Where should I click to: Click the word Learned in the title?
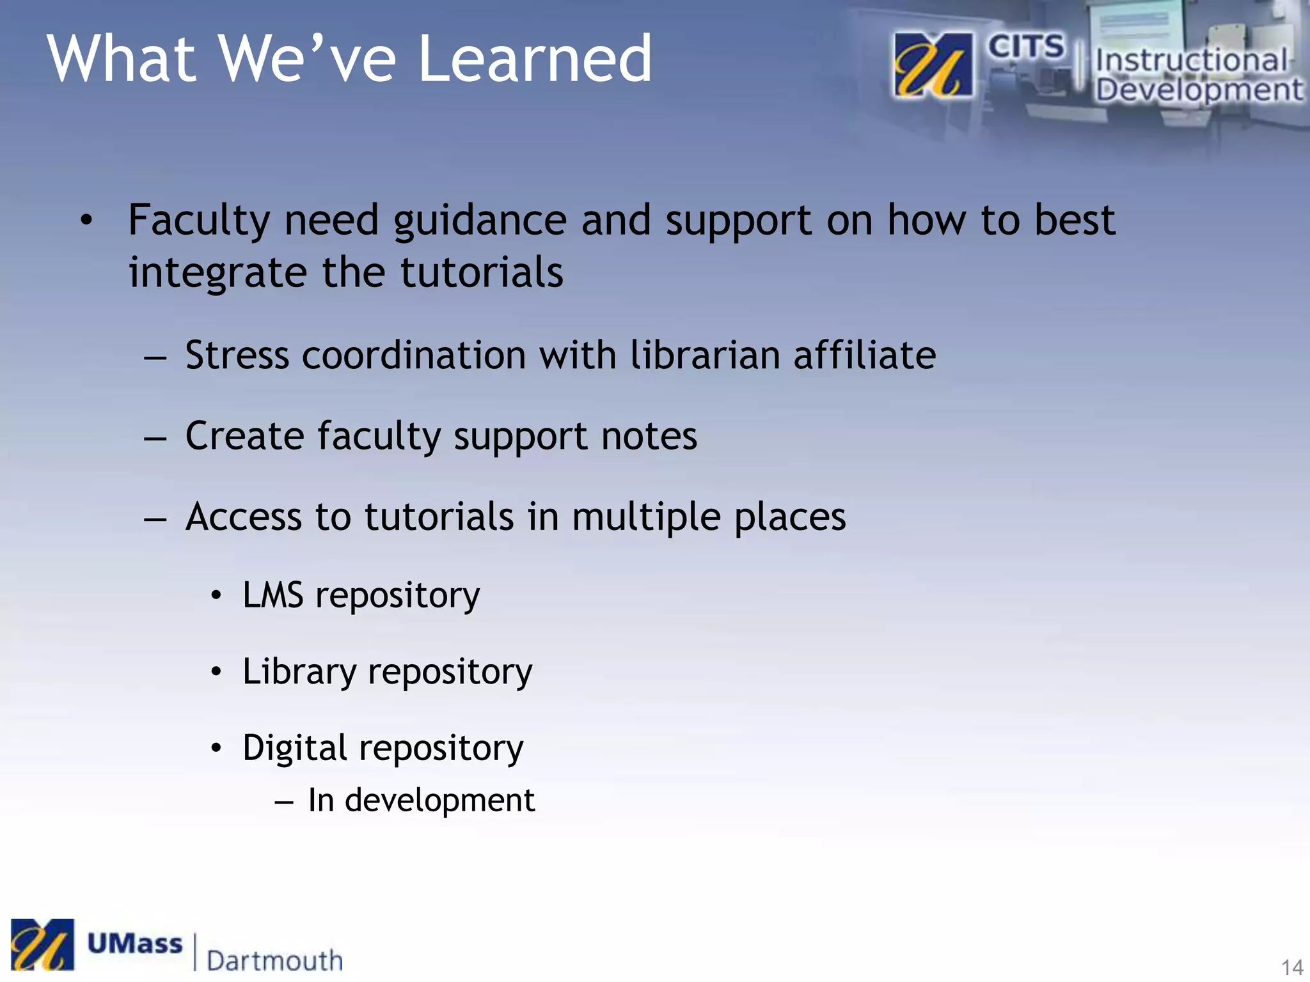point(535,59)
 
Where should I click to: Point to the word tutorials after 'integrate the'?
point(482,272)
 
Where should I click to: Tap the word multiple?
point(646,518)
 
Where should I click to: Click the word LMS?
point(273,595)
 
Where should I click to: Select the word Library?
point(299,673)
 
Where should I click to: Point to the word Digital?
point(295,748)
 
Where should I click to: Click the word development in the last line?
point(439,800)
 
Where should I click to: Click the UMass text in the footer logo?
point(134,944)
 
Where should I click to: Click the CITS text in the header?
point(1025,47)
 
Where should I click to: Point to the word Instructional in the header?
point(1191,61)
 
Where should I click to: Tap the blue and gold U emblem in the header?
point(933,65)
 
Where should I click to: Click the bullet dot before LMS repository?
point(217,596)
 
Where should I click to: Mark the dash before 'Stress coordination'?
point(155,357)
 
